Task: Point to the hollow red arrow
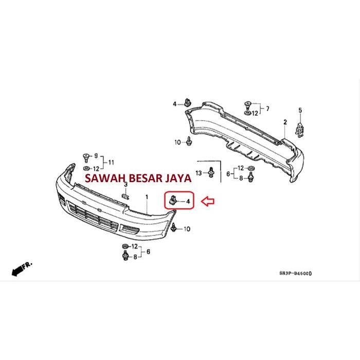pyautogui.click(x=208, y=202)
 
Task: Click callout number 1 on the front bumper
pyautogui.click(x=146, y=197)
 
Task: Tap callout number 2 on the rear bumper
pyautogui.click(x=285, y=122)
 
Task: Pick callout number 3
pyautogui.click(x=125, y=184)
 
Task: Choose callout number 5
pyautogui.click(x=300, y=110)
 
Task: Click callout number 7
pyautogui.click(x=267, y=109)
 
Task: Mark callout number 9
pyautogui.click(x=96, y=155)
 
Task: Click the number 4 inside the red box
pyautogui.click(x=188, y=201)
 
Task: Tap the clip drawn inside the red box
pyautogui.click(x=173, y=200)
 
